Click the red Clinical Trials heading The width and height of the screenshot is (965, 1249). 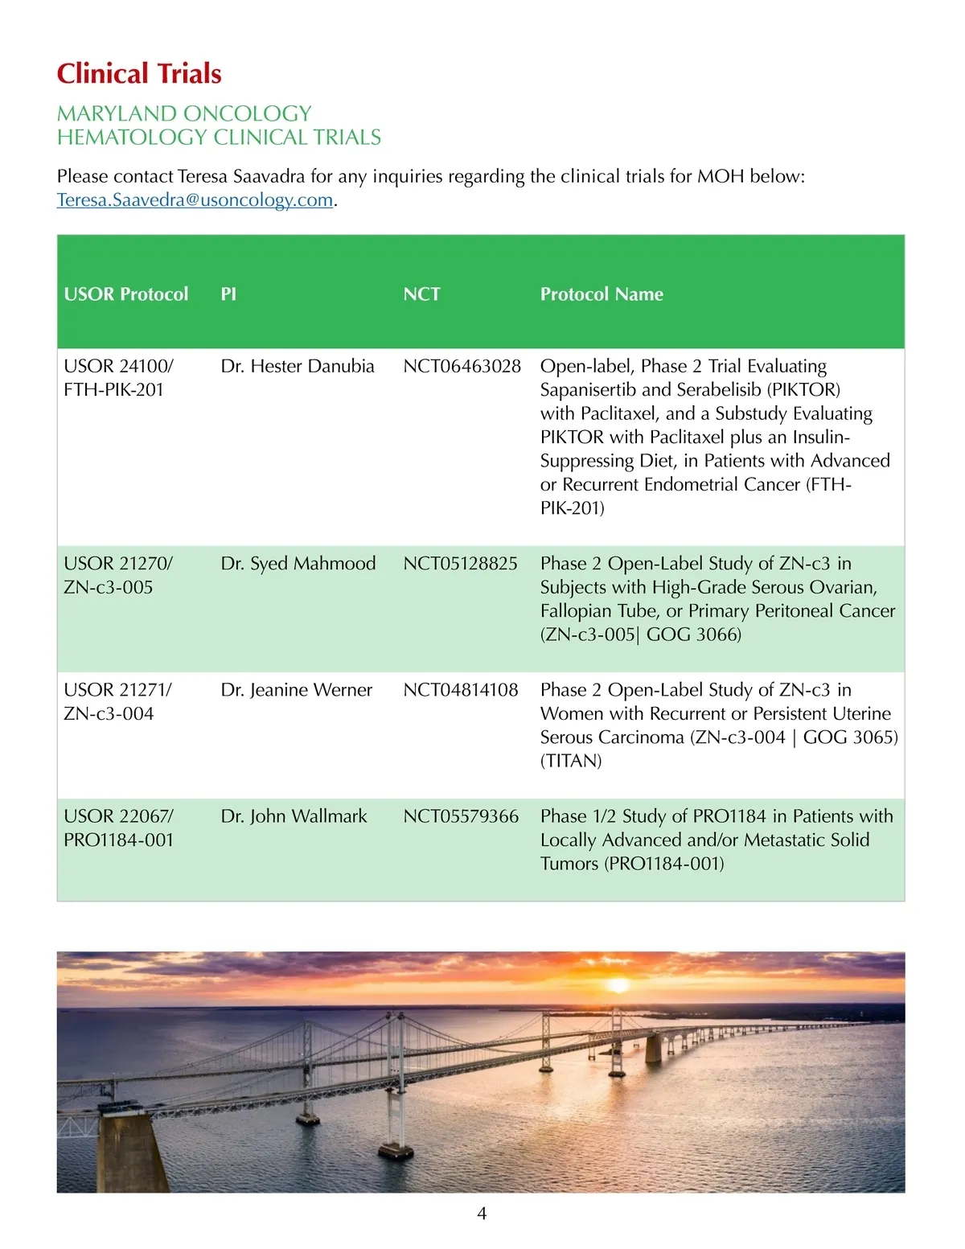pos(139,74)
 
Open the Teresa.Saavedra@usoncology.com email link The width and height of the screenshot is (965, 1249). pos(195,199)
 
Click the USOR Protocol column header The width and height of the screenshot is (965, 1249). pos(126,294)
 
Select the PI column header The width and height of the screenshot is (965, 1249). pos(228,294)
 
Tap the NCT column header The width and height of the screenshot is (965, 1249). pos(421,294)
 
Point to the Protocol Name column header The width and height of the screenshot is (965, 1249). pos(602,294)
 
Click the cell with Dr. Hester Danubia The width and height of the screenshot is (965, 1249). pos(298,367)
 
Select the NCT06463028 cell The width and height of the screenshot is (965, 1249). pos(462,367)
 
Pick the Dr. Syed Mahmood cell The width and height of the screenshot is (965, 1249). pos(298,564)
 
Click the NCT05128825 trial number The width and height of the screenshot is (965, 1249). pos(460,564)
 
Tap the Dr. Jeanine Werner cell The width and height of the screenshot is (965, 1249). pos(297,690)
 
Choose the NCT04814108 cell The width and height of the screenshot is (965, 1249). pos(461,690)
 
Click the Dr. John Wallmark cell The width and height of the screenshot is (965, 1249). pos(294,816)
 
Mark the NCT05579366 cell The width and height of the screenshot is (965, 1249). pos(461,816)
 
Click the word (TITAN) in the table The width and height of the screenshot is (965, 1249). pos(571,761)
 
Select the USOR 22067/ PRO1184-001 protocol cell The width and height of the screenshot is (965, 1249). pos(118,828)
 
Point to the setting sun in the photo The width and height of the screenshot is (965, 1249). pos(618,985)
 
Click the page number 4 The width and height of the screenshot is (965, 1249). pos(482,1214)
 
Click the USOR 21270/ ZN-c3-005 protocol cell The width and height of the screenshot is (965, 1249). pos(117,575)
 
